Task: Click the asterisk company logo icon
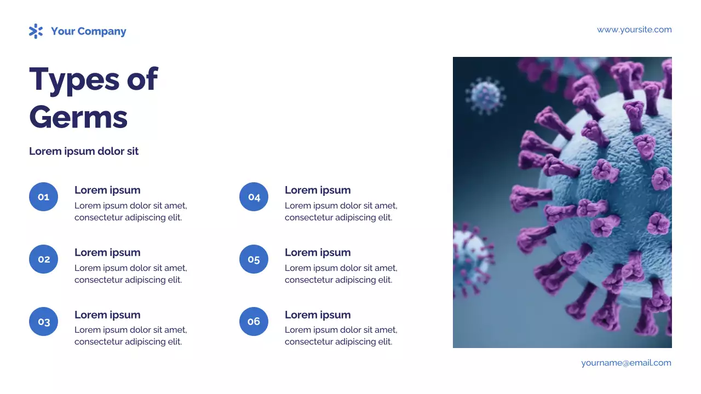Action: coord(36,31)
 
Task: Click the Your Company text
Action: coord(88,31)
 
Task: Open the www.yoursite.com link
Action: coord(634,30)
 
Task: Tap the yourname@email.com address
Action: coord(626,363)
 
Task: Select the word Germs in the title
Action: coord(78,117)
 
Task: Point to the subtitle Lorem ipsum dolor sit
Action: coord(84,151)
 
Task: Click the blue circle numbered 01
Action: coord(43,197)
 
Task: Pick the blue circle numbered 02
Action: coord(43,259)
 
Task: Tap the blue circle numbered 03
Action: coord(43,322)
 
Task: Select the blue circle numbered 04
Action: coord(254,197)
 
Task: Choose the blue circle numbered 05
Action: coord(254,259)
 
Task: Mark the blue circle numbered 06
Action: coord(254,322)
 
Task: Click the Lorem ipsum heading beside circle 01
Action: coord(107,190)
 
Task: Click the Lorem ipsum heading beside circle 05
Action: coord(318,252)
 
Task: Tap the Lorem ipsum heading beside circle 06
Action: coord(318,315)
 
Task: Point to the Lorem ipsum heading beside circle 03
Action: coord(107,315)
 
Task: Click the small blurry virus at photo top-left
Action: coord(485,95)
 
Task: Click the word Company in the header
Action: coord(102,31)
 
